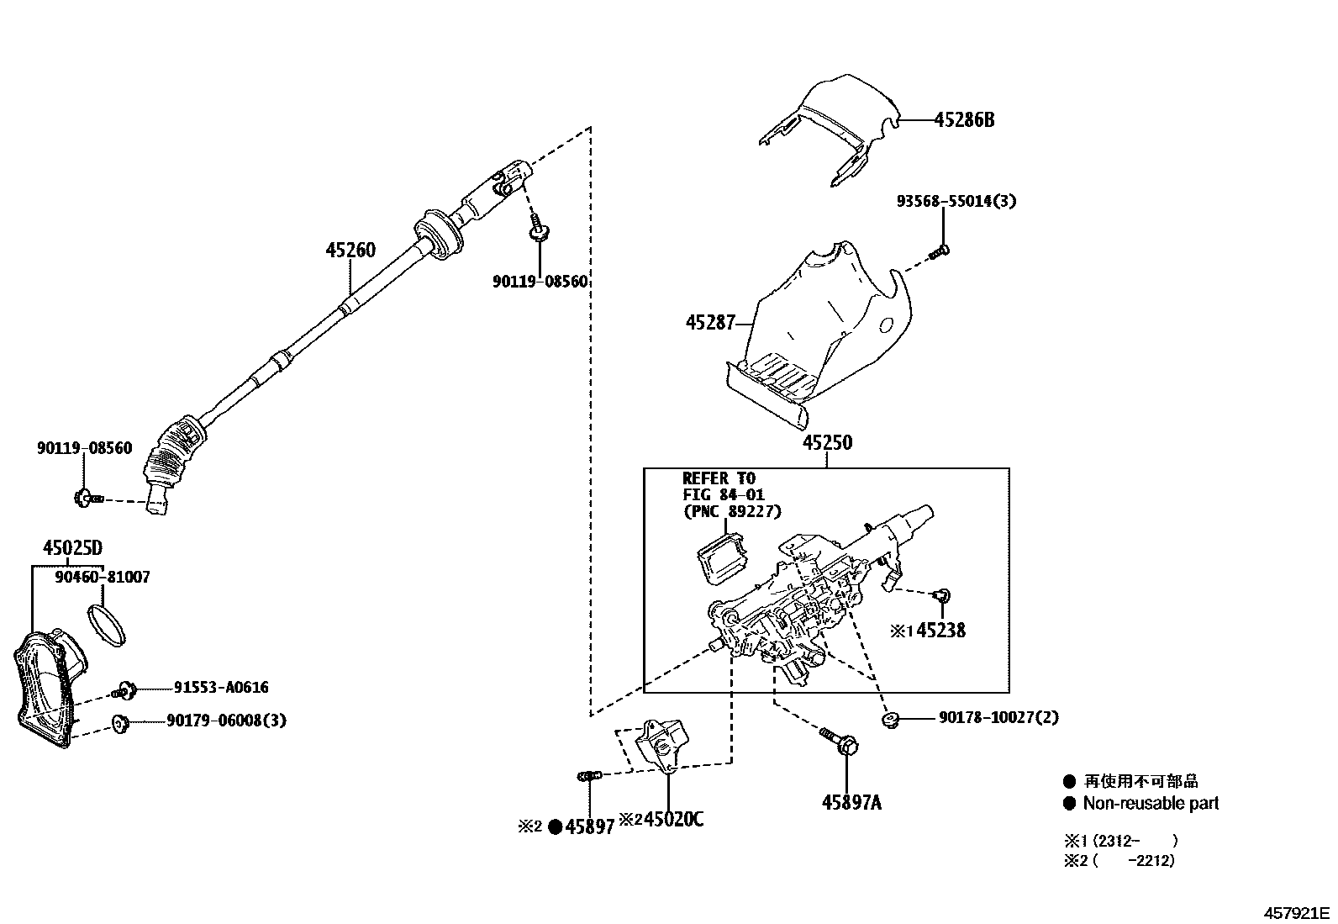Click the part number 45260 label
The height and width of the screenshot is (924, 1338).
(351, 251)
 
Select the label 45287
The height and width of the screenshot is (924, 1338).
(710, 322)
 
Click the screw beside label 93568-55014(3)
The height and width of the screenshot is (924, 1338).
(940, 250)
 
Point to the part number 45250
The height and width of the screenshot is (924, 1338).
(826, 443)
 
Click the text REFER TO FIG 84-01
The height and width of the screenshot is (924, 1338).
(723, 488)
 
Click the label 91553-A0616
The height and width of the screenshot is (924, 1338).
(221, 688)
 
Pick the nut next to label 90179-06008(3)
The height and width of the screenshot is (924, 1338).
(119, 721)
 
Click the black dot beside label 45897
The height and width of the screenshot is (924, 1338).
(555, 827)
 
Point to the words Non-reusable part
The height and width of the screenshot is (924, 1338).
(1150, 804)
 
